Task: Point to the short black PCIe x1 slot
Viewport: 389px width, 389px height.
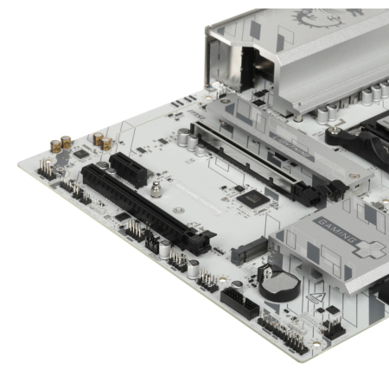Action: pos(127,167)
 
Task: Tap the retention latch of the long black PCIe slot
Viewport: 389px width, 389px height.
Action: pos(201,243)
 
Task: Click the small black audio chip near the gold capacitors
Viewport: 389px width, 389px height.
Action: pos(80,155)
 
